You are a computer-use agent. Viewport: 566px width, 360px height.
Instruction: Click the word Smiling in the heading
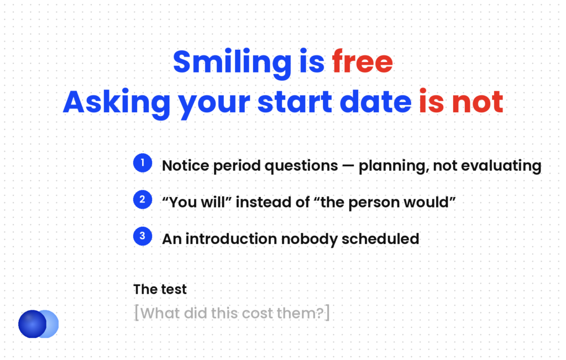pos(232,63)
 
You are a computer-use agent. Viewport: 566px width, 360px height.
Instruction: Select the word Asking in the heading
pos(117,103)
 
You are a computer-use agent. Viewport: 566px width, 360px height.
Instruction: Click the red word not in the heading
pos(478,102)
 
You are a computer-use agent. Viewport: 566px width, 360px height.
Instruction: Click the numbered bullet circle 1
pos(143,163)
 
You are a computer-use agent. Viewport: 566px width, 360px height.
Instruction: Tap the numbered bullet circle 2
pos(143,200)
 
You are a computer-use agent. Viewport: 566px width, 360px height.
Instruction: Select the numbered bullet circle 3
pos(143,236)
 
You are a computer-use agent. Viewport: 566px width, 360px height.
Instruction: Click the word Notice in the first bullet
pos(186,166)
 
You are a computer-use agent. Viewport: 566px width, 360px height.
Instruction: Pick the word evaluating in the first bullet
pos(501,166)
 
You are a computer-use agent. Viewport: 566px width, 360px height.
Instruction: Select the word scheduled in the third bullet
pos(380,239)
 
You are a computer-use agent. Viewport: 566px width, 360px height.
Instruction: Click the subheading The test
pos(160,289)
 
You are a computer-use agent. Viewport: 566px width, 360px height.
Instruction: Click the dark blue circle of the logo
pos(32,324)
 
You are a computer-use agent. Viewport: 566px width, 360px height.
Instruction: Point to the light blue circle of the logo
pos(51,324)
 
